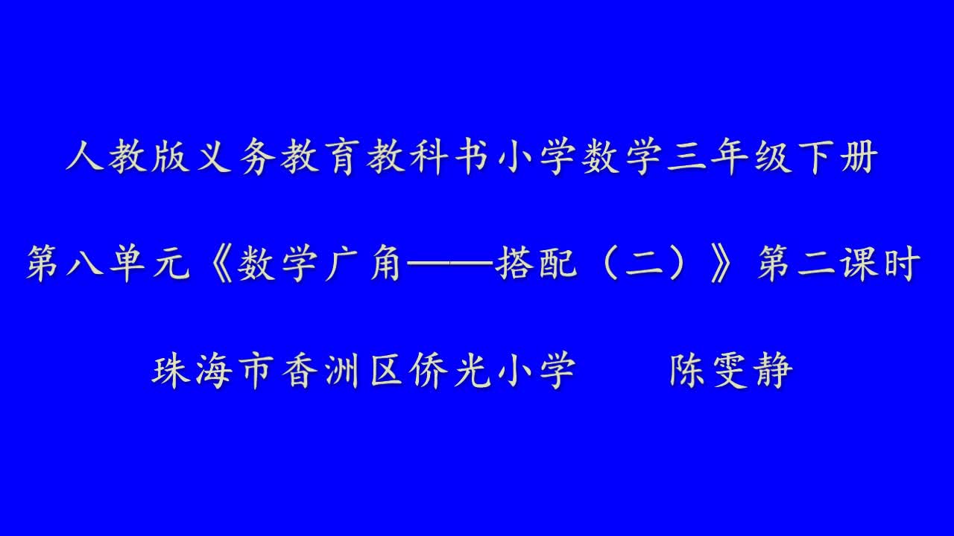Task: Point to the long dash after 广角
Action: click(449, 264)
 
